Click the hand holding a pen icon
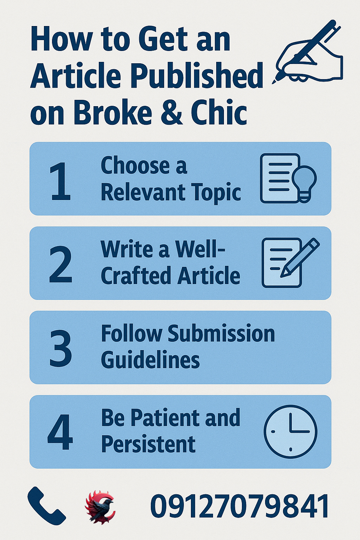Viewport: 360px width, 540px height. (x=308, y=52)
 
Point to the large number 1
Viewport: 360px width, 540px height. (x=60, y=181)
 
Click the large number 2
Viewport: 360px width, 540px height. (x=60, y=264)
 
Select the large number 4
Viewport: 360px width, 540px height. (x=60, y=432)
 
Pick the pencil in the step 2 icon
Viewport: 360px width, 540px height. (x=301, y=257)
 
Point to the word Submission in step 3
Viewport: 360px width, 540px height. (x=221, y=334)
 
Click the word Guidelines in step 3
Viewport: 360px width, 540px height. (x=150, y=360)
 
